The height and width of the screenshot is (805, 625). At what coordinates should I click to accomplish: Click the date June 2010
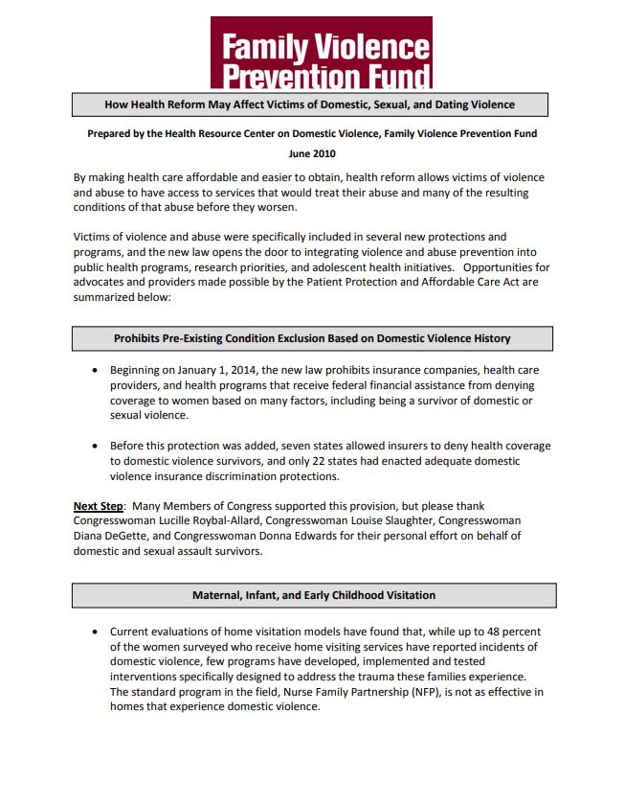(312, 153)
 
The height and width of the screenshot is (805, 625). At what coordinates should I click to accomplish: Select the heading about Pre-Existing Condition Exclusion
(312, 338)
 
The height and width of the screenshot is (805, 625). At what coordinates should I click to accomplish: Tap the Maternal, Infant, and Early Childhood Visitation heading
(312, 595)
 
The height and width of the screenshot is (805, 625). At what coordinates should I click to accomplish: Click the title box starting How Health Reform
(310, 104)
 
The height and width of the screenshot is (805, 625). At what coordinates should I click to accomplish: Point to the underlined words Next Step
(99, 505)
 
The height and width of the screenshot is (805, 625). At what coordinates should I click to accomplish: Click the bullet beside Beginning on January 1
(95, 370)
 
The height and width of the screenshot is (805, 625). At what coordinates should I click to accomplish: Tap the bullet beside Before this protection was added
(95, 447)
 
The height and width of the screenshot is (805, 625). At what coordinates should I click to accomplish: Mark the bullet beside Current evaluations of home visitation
(95, 632)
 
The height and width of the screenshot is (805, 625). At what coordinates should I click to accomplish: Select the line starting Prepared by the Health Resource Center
(312, 134)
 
